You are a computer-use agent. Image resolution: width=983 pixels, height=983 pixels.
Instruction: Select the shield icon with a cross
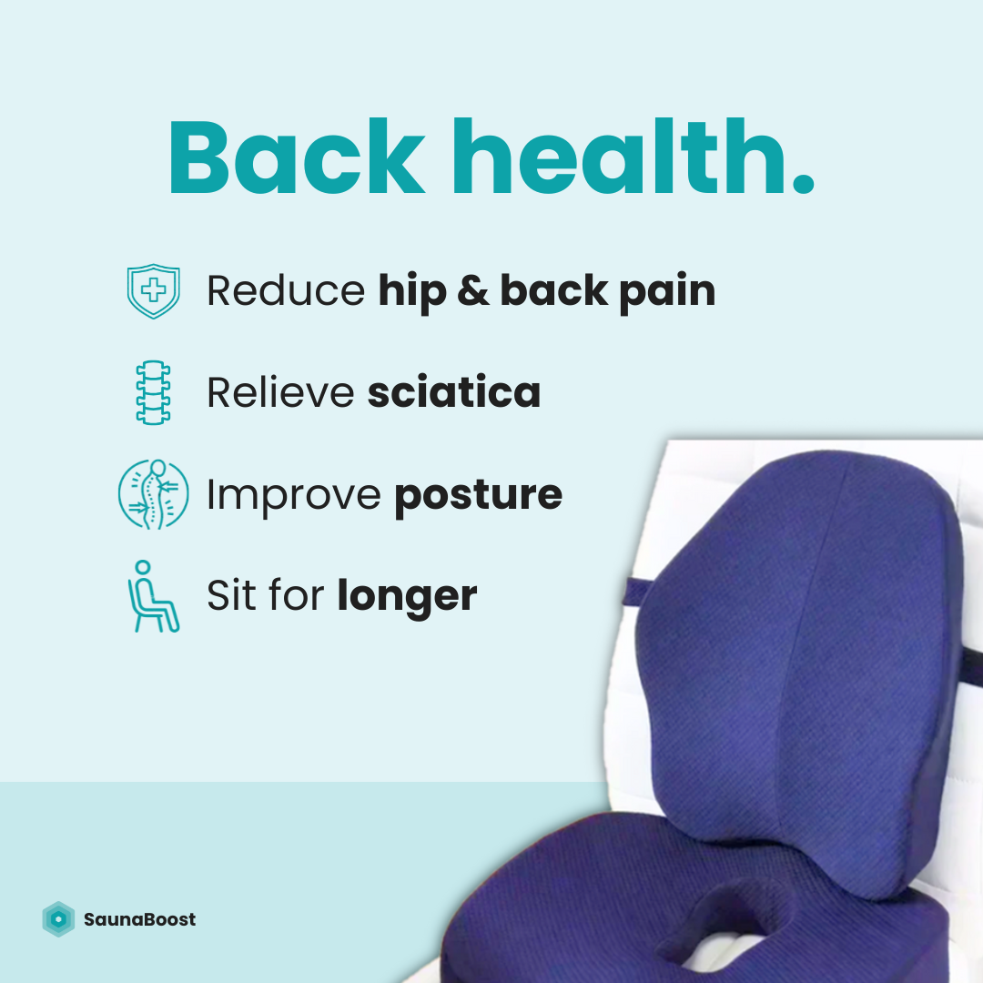[153, 291]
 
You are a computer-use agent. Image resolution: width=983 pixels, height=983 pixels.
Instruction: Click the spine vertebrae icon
[153, 393]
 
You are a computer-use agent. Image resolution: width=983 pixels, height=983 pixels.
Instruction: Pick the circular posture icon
[153, 494]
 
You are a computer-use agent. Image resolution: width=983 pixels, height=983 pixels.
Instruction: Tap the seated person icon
[151, 597]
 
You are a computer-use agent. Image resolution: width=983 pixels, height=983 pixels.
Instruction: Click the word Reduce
[286, 291]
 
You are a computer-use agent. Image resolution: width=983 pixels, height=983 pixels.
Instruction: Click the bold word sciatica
[454, 393]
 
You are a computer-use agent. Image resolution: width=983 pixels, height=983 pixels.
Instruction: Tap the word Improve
[293, 495]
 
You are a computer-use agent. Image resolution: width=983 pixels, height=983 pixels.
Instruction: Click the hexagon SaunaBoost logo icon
[59, 919]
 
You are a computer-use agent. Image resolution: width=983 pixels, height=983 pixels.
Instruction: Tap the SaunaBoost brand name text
[139, 919]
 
